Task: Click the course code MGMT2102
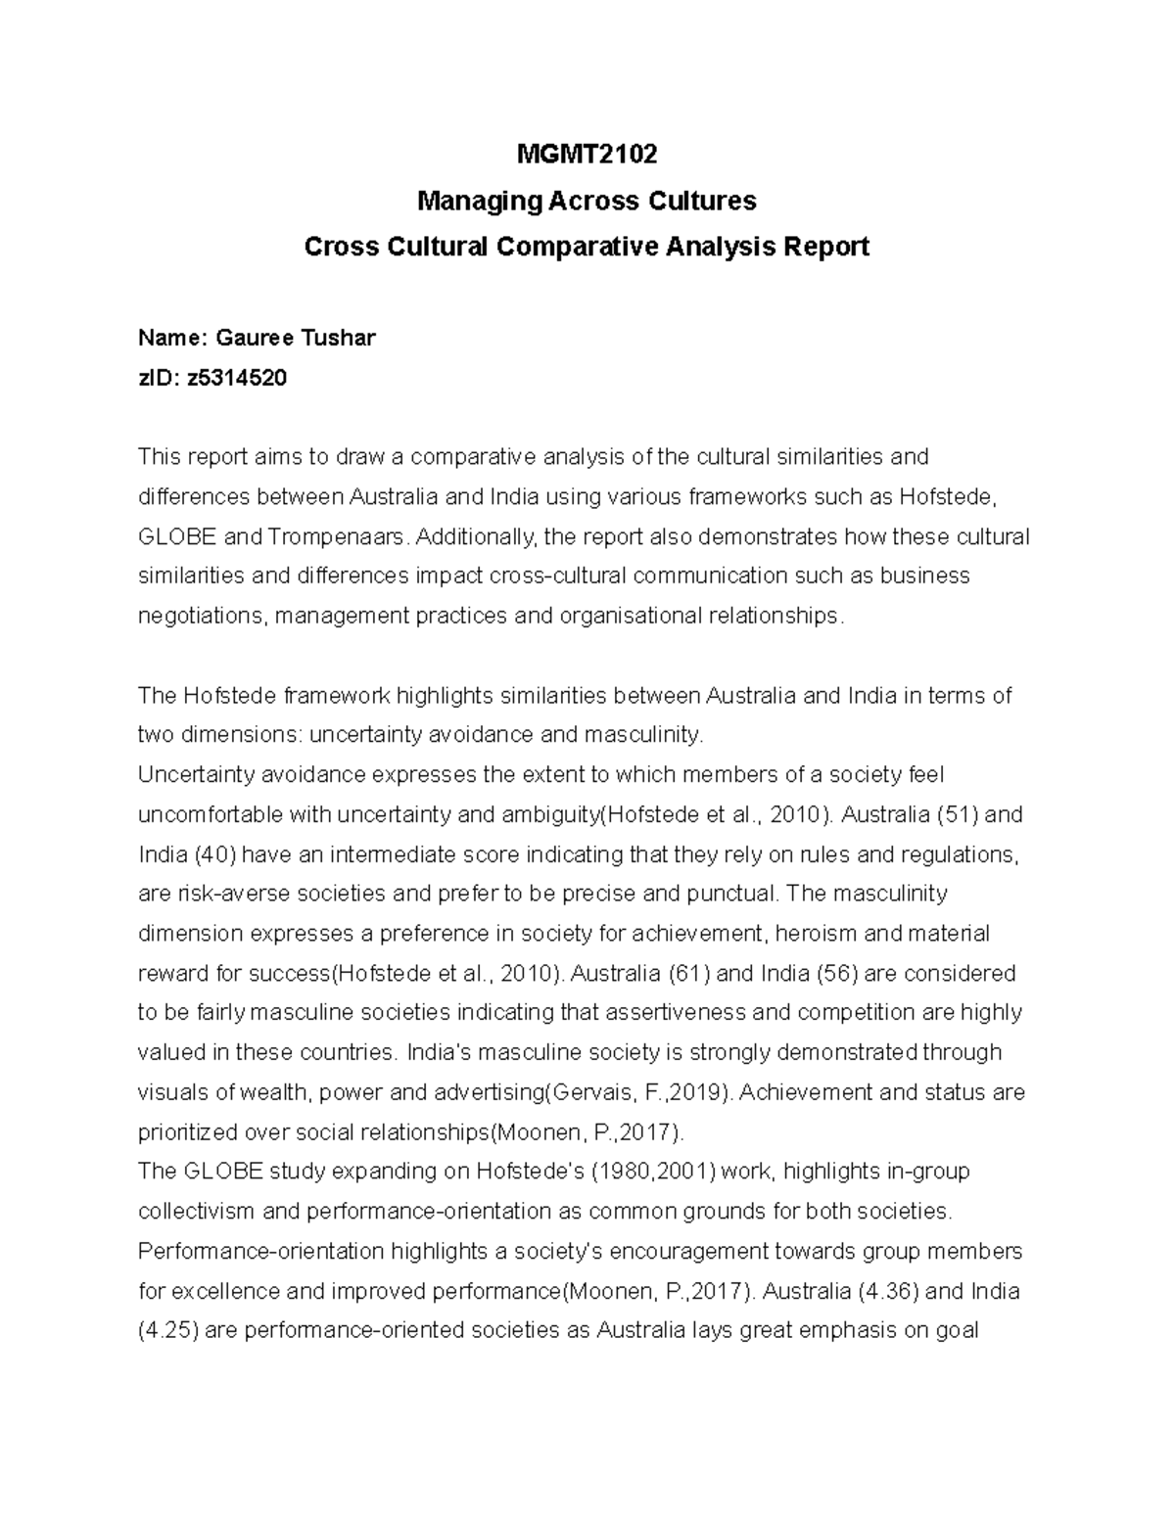[587, 155]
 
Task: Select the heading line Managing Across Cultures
[587, 202]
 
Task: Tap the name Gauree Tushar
[295, 339]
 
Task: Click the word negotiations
[199, 617]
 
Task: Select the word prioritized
[187, 1133]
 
